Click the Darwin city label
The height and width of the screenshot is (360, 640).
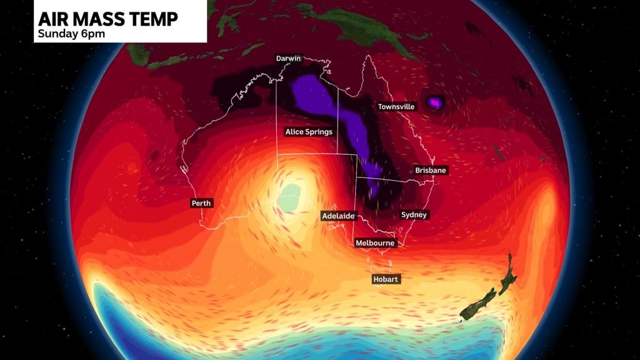(289, 59)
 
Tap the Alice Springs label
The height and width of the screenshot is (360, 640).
(309, 132)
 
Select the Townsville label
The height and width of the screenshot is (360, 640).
(396, 107)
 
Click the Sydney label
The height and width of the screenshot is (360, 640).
(414, 215)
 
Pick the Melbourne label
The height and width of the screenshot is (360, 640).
(374, 242)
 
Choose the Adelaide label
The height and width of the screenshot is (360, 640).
(338, 216)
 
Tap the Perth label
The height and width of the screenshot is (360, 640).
(202, 203)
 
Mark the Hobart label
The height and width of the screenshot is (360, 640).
(386, 279)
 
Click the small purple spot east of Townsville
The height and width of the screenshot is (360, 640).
(435, 101)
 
